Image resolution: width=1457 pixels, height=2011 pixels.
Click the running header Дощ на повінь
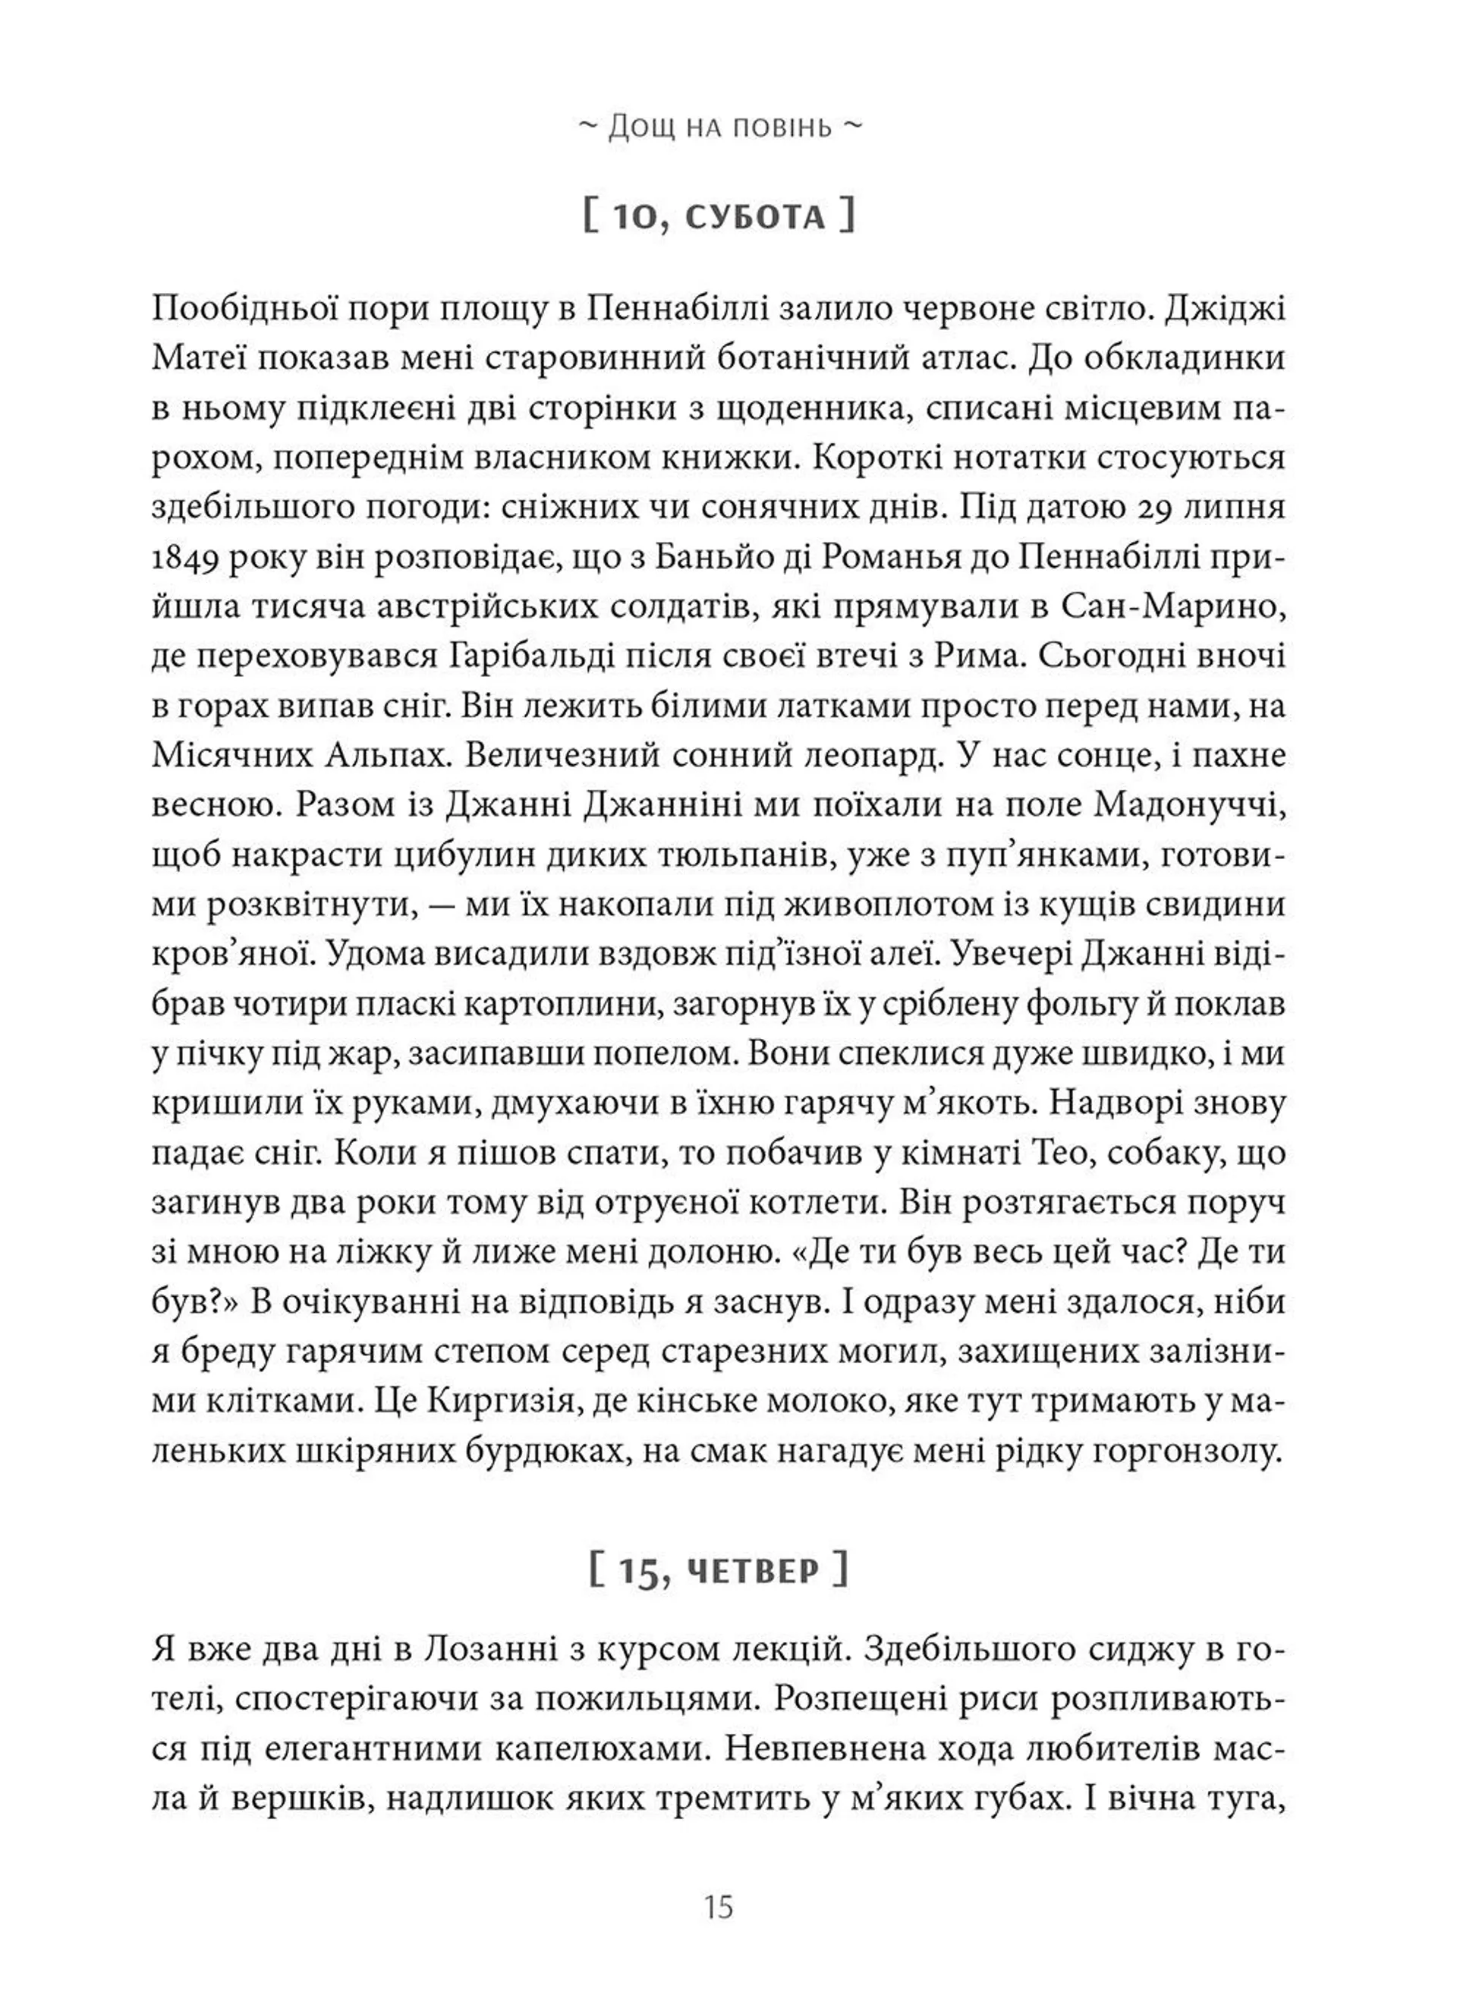(719, 127)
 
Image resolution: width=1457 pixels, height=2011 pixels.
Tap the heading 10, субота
(719, 217)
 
